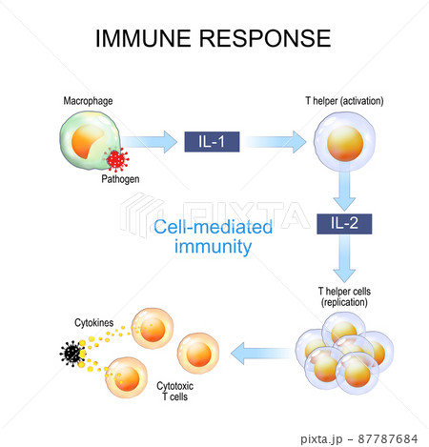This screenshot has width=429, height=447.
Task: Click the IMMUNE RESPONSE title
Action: click(214, 38)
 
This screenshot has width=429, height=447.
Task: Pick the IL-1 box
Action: click(212, 141)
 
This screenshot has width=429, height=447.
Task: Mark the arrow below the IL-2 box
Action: click(344, 258)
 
